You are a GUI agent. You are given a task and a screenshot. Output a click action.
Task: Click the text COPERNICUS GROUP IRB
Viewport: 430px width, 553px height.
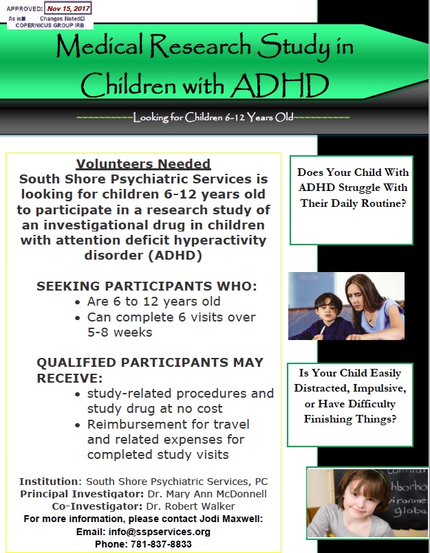click(47, 24)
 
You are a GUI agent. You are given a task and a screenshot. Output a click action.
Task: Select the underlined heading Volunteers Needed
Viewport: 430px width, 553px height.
click(143, 164)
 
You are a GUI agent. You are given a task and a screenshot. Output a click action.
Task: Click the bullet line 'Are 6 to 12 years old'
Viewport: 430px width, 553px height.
click(155, 302)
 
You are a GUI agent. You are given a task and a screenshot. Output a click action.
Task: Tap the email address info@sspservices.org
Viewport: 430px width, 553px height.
click(175, 532)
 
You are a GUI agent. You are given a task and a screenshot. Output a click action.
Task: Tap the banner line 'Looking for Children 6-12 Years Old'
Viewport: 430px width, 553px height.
click(213, 117)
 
